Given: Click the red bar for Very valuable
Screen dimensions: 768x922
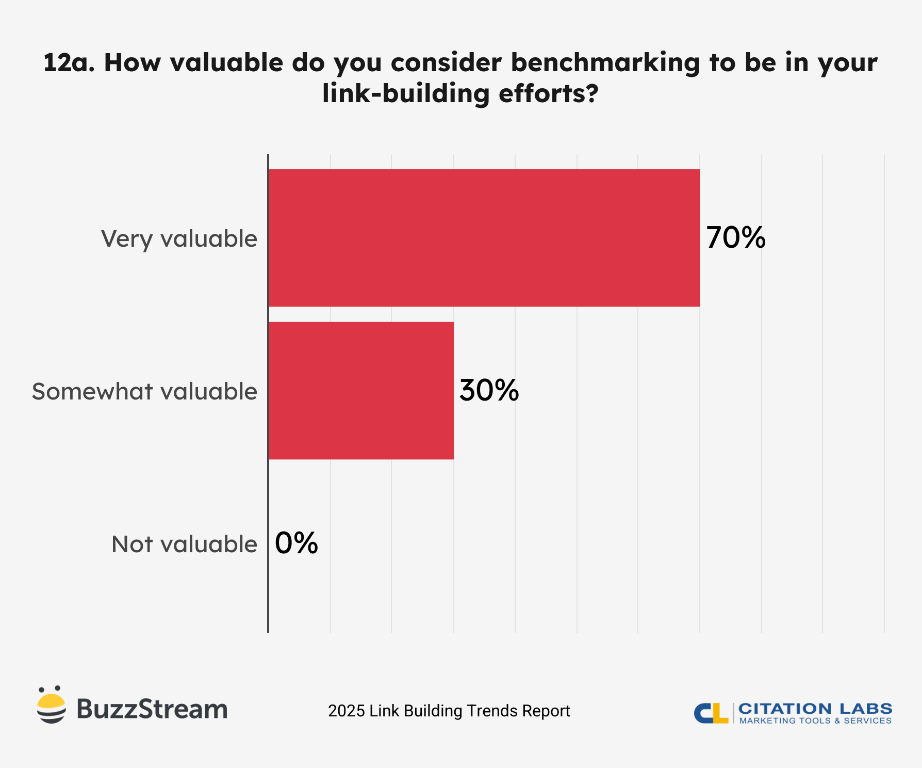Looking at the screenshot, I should click(x=484, y=238).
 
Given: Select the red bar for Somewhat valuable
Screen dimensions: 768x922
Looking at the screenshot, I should click(x=361, y=391).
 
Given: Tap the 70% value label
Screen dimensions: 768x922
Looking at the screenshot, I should click(x=736, y=238).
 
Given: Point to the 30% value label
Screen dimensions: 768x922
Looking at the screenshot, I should click(x=489, y=390).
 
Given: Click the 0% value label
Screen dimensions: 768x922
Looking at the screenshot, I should click(x=296, y=543).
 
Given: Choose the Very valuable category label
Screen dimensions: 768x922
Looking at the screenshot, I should click(x=179, y=239).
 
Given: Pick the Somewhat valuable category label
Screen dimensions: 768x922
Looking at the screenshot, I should click(x=144, y=392).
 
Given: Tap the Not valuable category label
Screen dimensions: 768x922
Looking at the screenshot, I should click(x=184, y=545).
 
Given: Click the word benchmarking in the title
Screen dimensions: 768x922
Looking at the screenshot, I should click(x=605, y=62).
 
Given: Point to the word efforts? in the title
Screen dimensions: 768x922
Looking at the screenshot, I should click(x=549, y=93).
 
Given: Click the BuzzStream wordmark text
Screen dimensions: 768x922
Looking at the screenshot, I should click(x=152, y=709).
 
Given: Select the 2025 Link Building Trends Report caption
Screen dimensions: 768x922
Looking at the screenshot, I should click(x=449, y=711).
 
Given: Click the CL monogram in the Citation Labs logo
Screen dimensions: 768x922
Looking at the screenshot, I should click(x=711, y=713).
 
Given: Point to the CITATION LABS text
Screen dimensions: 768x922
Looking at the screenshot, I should click(x=815, y=708).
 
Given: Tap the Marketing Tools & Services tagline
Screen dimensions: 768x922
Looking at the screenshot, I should click(x=815, y=721).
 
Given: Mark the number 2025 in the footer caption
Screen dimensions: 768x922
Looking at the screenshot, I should click(x=347, y=711).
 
